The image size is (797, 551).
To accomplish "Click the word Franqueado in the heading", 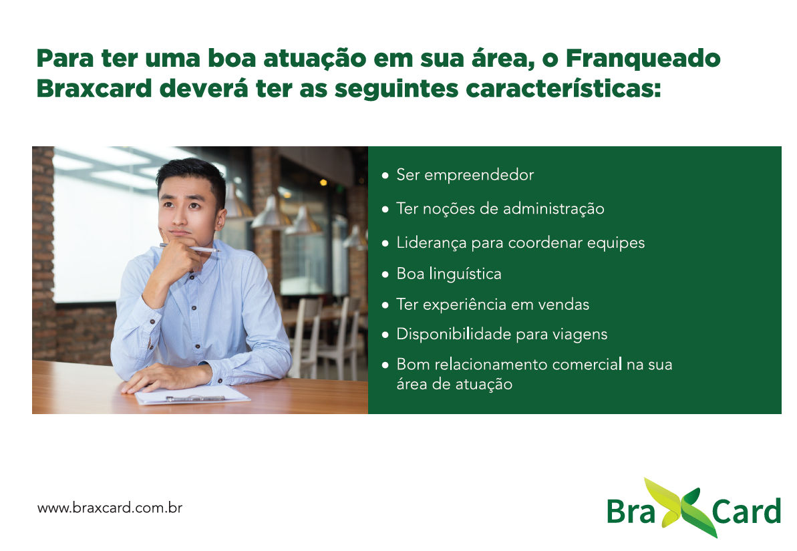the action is click(643, 59).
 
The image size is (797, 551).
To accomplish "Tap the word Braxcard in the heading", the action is click(94, 88).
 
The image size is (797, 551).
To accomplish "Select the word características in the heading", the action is click(563, 88).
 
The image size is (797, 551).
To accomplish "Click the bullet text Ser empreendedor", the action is click(465, 175).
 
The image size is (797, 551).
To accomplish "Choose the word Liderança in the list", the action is click(432, 243).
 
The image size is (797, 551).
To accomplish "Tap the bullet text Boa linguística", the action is click(449, 273).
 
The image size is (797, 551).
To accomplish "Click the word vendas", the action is click(564, 305).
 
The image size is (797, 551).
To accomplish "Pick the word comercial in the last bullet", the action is click(587, 365).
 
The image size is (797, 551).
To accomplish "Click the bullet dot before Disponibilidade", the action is click(385, 335).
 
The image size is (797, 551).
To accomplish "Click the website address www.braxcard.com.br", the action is click(110, 508).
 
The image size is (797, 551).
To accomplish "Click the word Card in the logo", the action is click(746, 511).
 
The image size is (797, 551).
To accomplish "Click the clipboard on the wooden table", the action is click(192, 395).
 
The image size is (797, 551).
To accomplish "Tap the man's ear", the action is click(220, 218).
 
